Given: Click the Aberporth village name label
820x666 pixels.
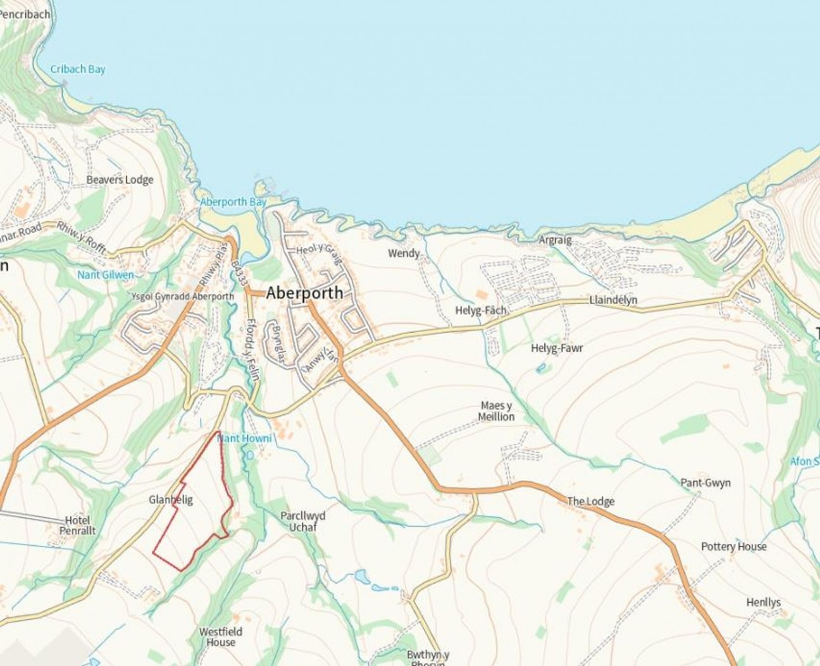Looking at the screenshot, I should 304,293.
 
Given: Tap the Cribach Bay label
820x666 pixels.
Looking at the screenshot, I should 78,70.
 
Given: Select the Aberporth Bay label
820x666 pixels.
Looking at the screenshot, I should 233,202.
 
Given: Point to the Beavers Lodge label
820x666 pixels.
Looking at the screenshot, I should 120,180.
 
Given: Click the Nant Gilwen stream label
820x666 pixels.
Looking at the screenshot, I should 106,275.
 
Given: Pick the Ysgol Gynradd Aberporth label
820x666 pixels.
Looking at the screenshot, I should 182,297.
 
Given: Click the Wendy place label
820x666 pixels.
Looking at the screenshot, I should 404,254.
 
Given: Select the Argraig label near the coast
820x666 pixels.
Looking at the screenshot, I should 555,240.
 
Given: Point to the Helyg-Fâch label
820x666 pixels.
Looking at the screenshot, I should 481,311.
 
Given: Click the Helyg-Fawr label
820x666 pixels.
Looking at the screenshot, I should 557,348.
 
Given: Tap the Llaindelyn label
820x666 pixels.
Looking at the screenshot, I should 613,300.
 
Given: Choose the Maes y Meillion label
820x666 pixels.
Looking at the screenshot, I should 496,411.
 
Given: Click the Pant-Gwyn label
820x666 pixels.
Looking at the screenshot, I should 705,483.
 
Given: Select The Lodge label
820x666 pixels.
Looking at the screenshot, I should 590,502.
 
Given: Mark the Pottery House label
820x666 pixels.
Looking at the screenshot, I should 733,546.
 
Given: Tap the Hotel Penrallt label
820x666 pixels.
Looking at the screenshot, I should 78,526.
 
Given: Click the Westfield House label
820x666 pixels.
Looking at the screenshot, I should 220,637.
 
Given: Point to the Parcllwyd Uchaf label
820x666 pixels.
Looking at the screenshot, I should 302,521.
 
